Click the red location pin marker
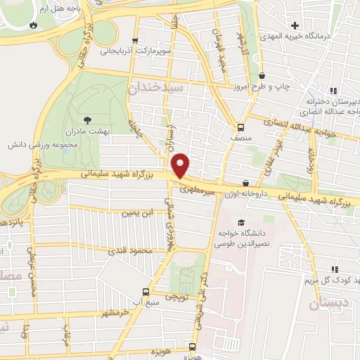(181, 165)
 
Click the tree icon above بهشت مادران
(86, 120)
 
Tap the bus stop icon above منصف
(241, 128)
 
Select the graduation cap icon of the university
(241, 223)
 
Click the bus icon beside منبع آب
(146, 292)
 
